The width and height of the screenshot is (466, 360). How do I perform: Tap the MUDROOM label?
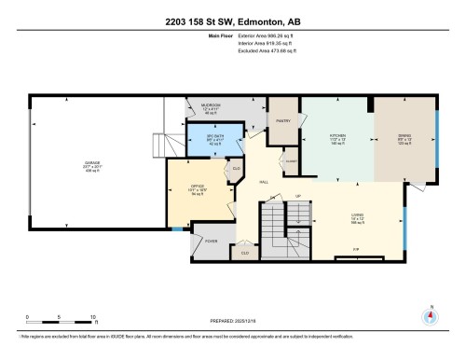coord(212,105)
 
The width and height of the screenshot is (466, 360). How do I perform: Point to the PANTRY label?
coord(283,118)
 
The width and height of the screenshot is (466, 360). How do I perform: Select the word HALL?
coord(264,182)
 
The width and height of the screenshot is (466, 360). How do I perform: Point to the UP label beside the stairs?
coord(298,196)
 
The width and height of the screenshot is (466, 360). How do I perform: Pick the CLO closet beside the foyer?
coord(245,252)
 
